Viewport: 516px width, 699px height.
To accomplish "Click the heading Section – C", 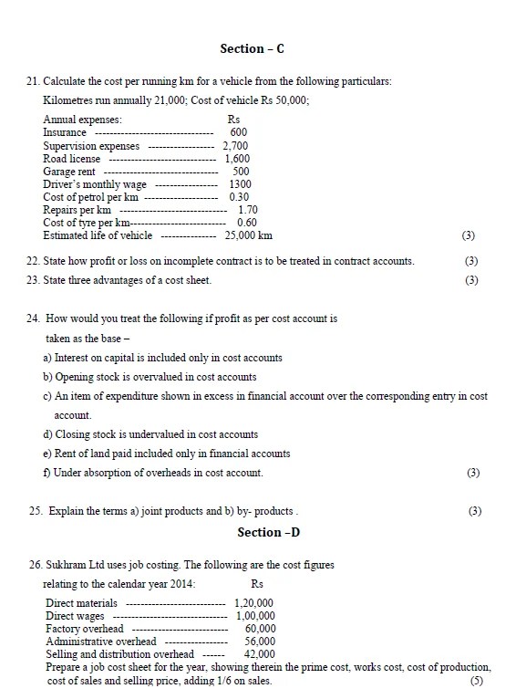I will (258, 48).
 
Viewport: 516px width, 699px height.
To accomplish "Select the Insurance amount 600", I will (239, 132).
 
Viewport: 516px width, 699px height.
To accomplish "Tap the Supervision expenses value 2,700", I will (235, 145).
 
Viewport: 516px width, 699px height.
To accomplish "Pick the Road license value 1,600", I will (238, 158).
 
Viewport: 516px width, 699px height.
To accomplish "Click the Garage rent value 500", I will (241, 171).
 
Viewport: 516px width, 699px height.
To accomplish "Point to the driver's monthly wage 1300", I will (240, 183).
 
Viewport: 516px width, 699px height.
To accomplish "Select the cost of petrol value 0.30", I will (240, 196).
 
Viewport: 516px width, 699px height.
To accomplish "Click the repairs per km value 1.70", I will (247, 209).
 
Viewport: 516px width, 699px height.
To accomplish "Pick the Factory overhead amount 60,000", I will (260, 629).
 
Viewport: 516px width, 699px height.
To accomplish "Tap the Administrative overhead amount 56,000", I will (259, 642).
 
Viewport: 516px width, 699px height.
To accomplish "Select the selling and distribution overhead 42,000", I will (259, 654).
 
